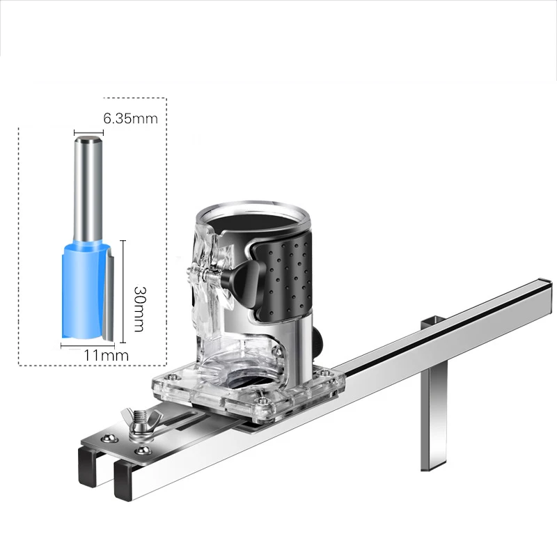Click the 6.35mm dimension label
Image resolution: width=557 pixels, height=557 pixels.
(x=130, y=118)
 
